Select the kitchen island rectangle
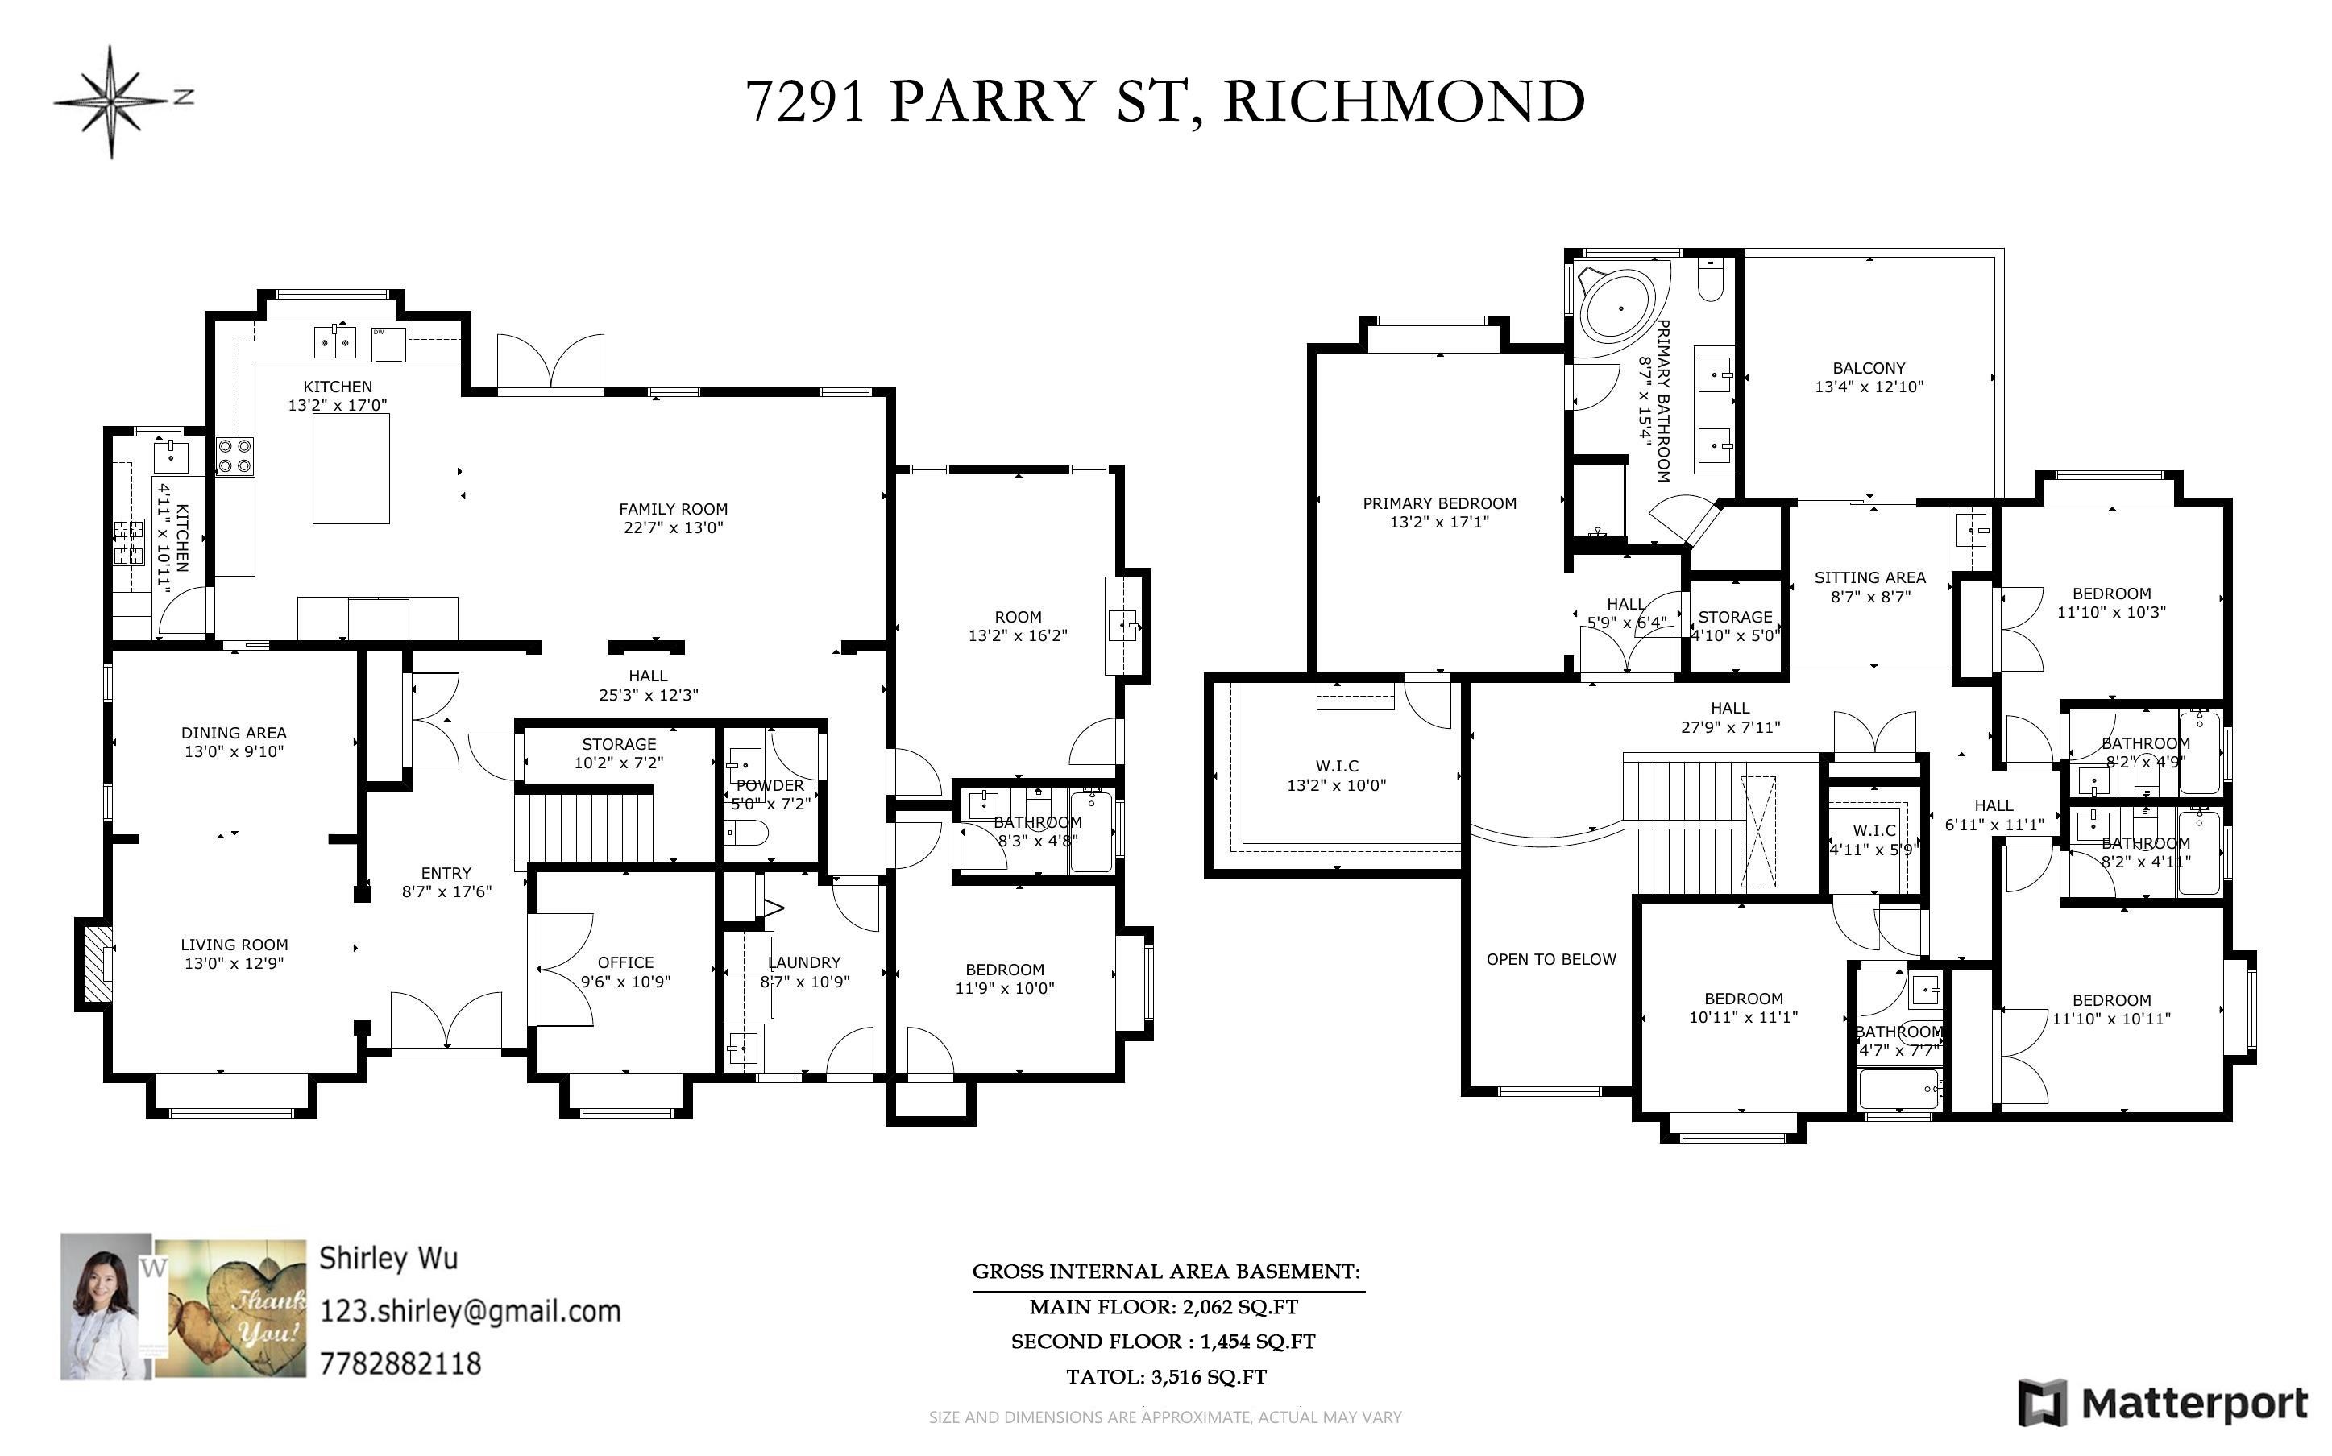pos(351,472)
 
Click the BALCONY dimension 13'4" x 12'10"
pos(1869,387)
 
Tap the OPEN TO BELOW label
pos(1551,959)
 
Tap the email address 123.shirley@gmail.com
pos(470,1310)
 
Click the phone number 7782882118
pos(400,1363)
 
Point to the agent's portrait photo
pos(105,1307)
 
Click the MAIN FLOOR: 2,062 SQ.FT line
pos(1164,1307)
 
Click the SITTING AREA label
pos(1869,577)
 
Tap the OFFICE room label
pos(625,962)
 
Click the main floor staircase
pos(585,826)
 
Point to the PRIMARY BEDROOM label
pos(1439,503)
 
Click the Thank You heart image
pos(231,1309)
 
